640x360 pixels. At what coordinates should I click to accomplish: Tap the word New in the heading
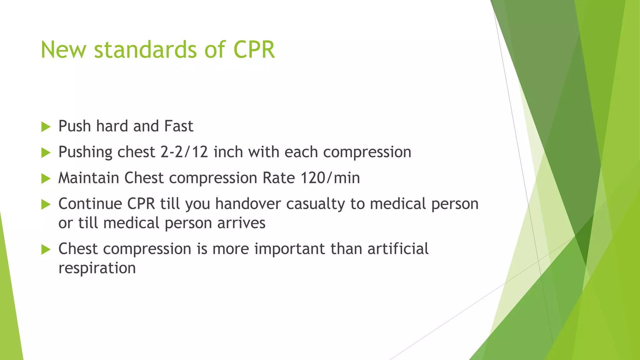[63, 50]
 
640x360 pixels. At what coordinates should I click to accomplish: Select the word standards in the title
[146, 50]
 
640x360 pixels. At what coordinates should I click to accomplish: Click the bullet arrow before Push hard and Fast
[46, 127]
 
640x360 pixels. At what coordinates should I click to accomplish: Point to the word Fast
[179, 126]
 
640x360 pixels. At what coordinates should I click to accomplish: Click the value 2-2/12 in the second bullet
[184, 152]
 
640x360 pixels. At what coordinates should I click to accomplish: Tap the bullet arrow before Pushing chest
[46, 153]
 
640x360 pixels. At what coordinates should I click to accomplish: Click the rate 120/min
[330, 178]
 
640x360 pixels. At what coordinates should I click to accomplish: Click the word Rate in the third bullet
[279, 178]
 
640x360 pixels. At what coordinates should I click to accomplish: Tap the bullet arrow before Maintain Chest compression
[46, 179]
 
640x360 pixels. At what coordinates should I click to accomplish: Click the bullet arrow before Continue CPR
[46, 205]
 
